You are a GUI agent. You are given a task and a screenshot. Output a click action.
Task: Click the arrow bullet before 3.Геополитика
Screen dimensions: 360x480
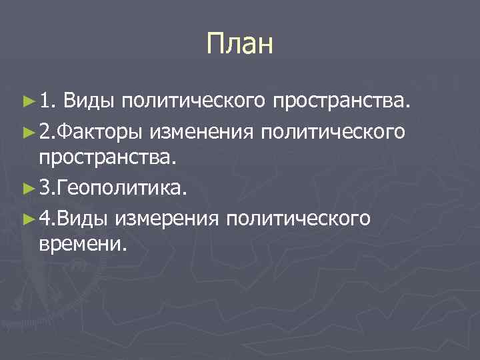point(27,187)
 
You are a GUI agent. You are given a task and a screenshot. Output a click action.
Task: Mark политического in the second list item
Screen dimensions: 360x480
point(331,133)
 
